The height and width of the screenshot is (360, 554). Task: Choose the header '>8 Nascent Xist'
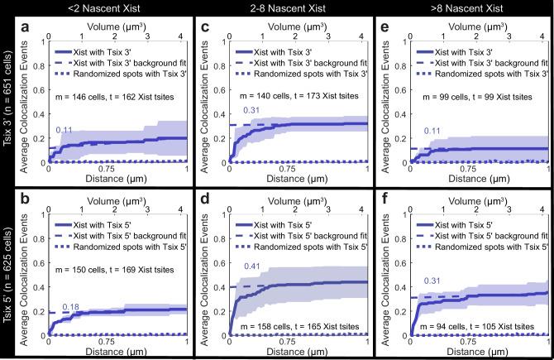(x=460, y=8)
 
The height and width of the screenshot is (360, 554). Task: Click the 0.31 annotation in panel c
(x=251, y=111)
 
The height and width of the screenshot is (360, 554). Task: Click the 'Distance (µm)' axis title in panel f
(x=472, y=348)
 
